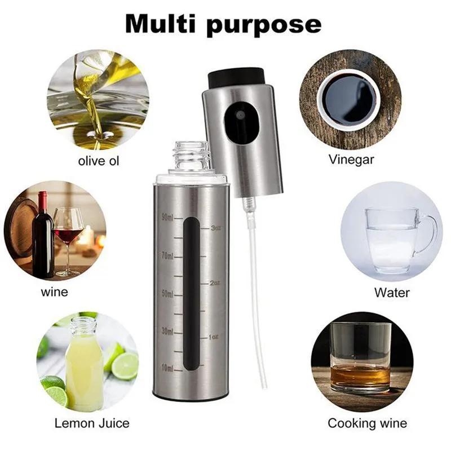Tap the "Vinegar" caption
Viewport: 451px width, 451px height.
pos(351,160)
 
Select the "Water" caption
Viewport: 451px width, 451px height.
pos(392,293)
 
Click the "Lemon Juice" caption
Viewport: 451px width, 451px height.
pos(92,423)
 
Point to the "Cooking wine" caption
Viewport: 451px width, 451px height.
pos(367,423)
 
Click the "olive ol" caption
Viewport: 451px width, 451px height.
pos(99,161)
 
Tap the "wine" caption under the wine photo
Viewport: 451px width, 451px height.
pos(54,292)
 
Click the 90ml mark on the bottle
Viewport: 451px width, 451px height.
pos(167,217)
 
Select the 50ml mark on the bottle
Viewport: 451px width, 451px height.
pos(167,294)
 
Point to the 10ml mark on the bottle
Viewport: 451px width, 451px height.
pos(167,368)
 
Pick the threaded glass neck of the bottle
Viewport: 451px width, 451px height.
pos(191,156)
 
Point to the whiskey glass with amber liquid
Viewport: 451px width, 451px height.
pos(360,358)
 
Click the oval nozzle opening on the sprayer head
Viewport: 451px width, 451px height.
pos(240,121)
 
